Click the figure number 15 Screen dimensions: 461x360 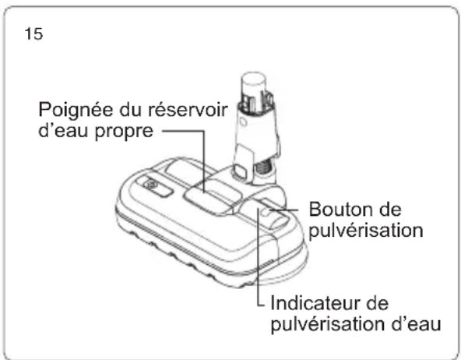(x=33, y=34)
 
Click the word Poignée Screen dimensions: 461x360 (x=76, y=111)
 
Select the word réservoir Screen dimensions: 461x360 (x=188, y=109)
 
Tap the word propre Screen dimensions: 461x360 (x=124, y=132)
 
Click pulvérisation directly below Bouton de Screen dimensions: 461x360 (x=366, y=231)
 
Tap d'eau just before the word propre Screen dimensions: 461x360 (x=63, y=131)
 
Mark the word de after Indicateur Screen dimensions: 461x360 (x=378, y=303)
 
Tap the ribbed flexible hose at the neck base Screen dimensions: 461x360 (x=263, y=168)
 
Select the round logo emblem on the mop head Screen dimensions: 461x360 (x=150, y=185)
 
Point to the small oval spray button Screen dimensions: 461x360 (x=267, y=211)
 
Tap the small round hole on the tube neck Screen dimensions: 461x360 (x=243, y=122)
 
